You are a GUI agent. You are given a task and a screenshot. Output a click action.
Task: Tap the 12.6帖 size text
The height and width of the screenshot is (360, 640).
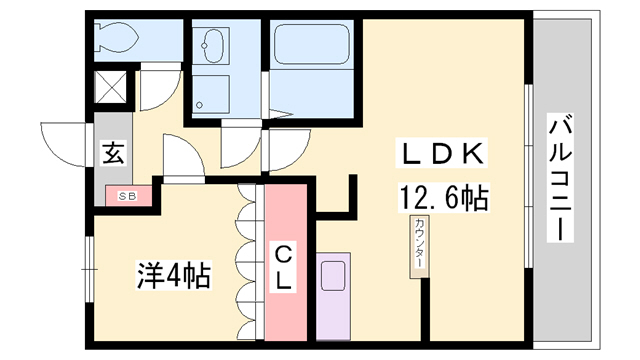click(443, 198)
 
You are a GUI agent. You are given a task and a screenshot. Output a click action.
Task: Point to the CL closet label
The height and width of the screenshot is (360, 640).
click(284, 266)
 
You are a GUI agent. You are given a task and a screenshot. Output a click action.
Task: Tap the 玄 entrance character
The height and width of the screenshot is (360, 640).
click(113, 155)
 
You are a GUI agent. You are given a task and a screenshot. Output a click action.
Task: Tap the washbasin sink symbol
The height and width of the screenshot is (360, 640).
click(213, 44)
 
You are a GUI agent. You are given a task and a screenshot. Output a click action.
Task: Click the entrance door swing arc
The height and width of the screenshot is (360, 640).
click(62, 140)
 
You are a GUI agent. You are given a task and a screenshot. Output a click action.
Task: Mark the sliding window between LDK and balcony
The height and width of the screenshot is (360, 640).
click(527, 180)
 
